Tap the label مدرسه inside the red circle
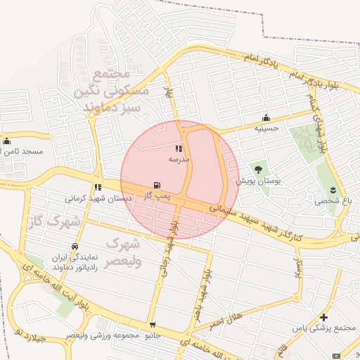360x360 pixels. tap(179, 160)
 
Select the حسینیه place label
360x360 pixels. tap(266, 129)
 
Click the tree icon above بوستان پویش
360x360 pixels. tap(258, 169)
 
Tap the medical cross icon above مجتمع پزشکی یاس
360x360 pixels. tap(323, 318)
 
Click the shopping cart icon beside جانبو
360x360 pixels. tap(153, 326)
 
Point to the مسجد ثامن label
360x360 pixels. tap(23, 151)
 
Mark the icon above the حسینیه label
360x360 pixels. tap(266, 117)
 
